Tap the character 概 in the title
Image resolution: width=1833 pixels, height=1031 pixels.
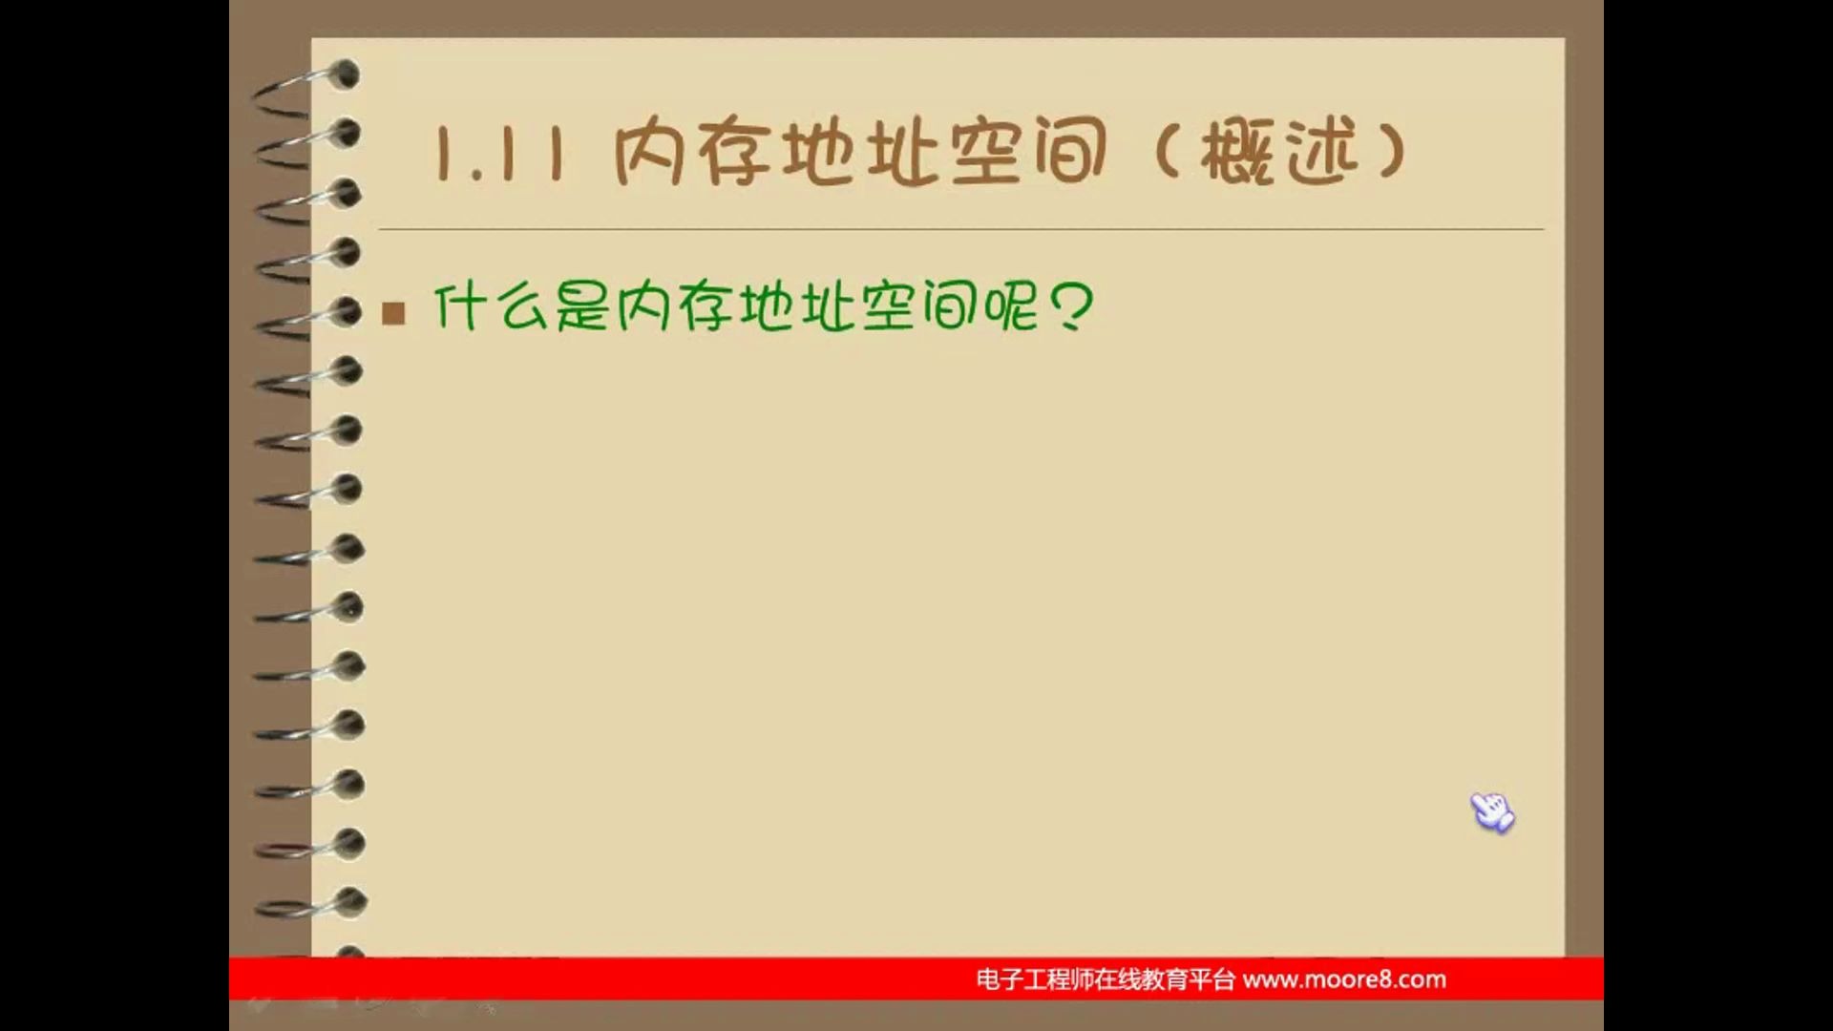pos(1237,153)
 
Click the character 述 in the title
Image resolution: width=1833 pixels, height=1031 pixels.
pos(1321,153)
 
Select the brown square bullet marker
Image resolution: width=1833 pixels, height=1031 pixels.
pos(393,313)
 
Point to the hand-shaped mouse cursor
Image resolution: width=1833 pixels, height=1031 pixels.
pos(1491,812)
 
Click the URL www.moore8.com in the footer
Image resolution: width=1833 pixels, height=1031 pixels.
pos(1344,979)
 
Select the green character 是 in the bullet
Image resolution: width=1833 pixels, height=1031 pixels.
pos(582,307)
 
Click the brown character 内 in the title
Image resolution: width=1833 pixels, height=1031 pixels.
pos(649,153)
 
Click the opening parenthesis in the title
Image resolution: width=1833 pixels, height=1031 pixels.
pos(1167,153)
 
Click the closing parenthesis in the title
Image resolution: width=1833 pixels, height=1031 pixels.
pos(1392,153)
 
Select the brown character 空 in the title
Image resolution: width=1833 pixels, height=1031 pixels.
pos(985,153)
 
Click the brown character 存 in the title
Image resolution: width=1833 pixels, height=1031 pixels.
pos(733,153)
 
